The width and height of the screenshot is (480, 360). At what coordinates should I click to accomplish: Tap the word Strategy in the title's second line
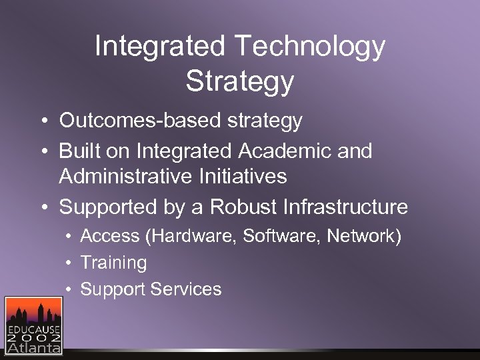tap(240, 81)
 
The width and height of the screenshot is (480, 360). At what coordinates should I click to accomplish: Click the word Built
tap(79, 151)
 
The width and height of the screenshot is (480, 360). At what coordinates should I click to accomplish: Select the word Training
tap(114, 263)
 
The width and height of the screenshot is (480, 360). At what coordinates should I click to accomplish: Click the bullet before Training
tap(68, 263)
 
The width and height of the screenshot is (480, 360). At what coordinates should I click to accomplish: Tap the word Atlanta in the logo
tap(33, 347)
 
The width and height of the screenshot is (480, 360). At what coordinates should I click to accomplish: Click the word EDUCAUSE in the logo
tap(33, 329)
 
